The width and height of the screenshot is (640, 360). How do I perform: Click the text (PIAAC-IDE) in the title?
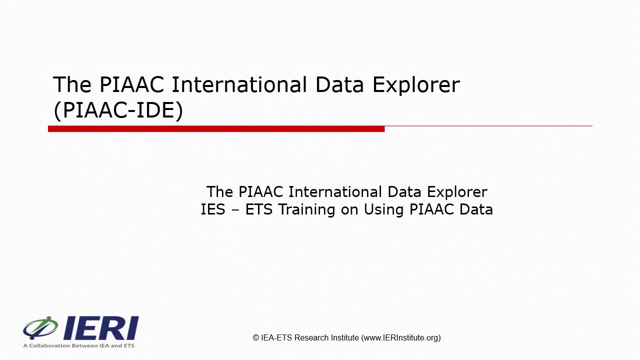(x=118, y=110)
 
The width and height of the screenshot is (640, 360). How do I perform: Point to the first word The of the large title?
(x=72, y=85)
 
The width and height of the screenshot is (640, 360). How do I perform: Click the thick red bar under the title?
(x=216, y=129)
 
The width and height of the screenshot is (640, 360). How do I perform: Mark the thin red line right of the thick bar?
(x=488, y=126)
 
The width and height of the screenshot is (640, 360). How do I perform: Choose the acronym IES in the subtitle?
(x=213, y=209)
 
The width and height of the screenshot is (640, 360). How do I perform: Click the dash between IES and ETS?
(x=235, y=209)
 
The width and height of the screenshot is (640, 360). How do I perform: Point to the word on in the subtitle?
(x=350, y=209)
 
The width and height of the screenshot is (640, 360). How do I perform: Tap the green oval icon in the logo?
(x=41, y=327)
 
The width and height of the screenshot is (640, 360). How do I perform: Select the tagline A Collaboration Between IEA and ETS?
(x=78, y=345)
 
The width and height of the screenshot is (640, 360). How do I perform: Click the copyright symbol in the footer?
(x=256, y=338)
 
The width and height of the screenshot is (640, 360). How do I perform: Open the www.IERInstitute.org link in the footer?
(x=400, y=338)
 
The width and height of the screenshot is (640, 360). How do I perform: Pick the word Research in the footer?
(x=311, y=338)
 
